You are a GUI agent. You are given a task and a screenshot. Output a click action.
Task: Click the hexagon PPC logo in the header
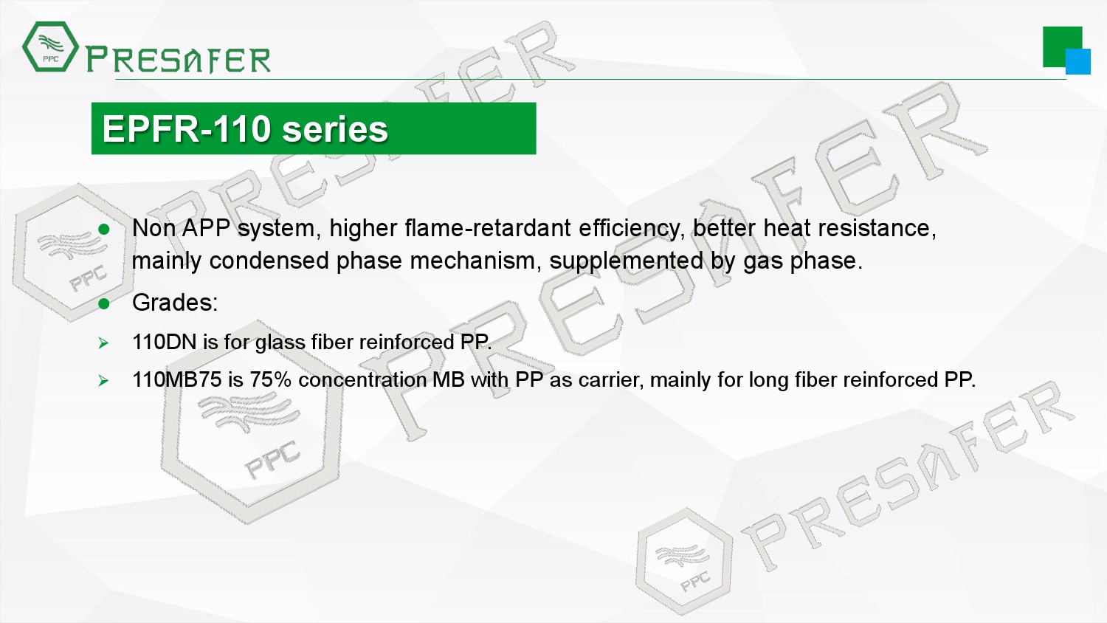tap(50, 47)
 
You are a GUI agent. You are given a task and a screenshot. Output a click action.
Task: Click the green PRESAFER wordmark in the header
tap(178, 60)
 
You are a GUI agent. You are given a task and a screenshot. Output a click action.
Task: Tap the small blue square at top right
tap(1077, 61)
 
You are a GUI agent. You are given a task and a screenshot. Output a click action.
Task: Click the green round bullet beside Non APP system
tap(104, 229)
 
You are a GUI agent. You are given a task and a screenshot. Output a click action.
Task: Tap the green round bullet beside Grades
tap(104, 303)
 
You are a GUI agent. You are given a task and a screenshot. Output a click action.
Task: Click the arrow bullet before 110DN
tap(103, 343)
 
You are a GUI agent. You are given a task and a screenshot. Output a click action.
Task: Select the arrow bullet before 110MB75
tap(103, 380)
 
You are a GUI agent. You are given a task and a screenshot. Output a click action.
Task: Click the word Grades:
tap(175, 303)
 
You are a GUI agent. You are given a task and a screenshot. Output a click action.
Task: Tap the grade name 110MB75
tap(177, 379)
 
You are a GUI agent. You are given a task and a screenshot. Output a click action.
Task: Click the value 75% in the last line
tap(271, 379)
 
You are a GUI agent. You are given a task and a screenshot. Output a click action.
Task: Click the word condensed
tap(269, 261)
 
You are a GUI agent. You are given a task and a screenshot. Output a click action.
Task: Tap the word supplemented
tap(626, 261)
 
